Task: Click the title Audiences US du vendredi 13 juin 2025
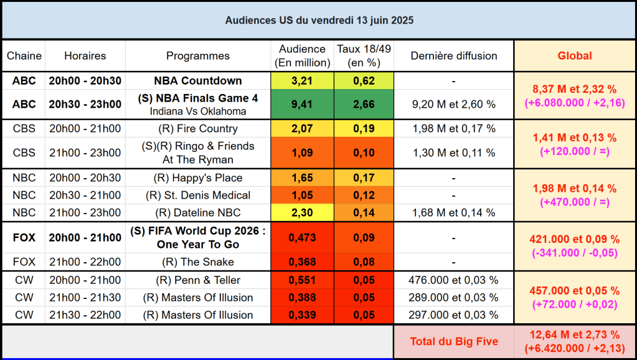[x=319, y=21]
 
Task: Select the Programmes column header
[x=198, y=56]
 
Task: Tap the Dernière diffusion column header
[x=453, y=56]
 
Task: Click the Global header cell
[x=574, y=56]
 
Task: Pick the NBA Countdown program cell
[x=198, y=81]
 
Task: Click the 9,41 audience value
[x=302, y=105]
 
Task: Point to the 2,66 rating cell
[x=364, y=105]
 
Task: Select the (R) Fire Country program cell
[x=198, y=129]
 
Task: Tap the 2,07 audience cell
[x=302, y=129]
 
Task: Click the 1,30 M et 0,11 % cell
[x=453, y=153]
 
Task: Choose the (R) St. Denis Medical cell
[x=198, y=195]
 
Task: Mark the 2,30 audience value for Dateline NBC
[x=302, y=212]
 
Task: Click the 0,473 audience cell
[x=302, y=237]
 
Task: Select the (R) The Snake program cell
[x=198, y=262]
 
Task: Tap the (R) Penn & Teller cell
[x=198, y=280]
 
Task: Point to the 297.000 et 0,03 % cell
[x=453, y=315]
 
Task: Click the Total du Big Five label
[x=453, y=341]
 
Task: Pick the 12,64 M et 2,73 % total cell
[x=574, y=335]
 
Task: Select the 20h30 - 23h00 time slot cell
[x=85, y=105]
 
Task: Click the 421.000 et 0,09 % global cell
[x=574, y=239]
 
